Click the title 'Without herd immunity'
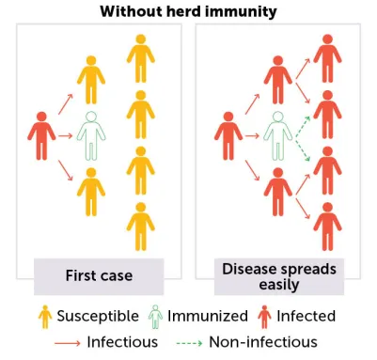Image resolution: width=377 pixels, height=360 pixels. click(188, 10)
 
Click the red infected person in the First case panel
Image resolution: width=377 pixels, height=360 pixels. click(39, 135)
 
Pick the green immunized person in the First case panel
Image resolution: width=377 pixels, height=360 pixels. click(89, 135)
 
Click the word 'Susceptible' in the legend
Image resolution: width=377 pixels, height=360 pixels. click(97, 316)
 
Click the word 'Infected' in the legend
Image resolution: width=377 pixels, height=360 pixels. click(306, 316)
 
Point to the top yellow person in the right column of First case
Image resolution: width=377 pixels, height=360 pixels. click(140, 58)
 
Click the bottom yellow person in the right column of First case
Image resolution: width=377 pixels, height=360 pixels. click(140, 226)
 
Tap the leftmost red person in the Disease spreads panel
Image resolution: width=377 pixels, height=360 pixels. click(226, 135)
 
